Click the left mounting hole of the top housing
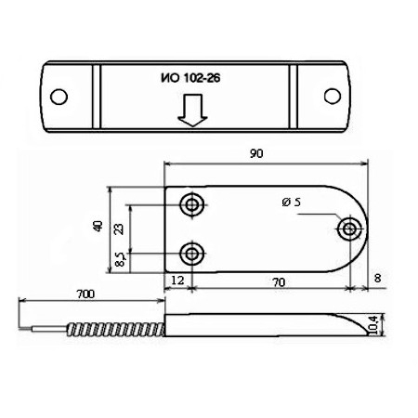click(x=60, y=96)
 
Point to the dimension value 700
click(x=85, y=295)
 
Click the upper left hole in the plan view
click(x=192, y=205)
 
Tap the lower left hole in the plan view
click(x=192, y=252)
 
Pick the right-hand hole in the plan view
click(x=350, y=229)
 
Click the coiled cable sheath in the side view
click(x=115, y=327)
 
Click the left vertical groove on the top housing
click(x=96, y=97)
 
